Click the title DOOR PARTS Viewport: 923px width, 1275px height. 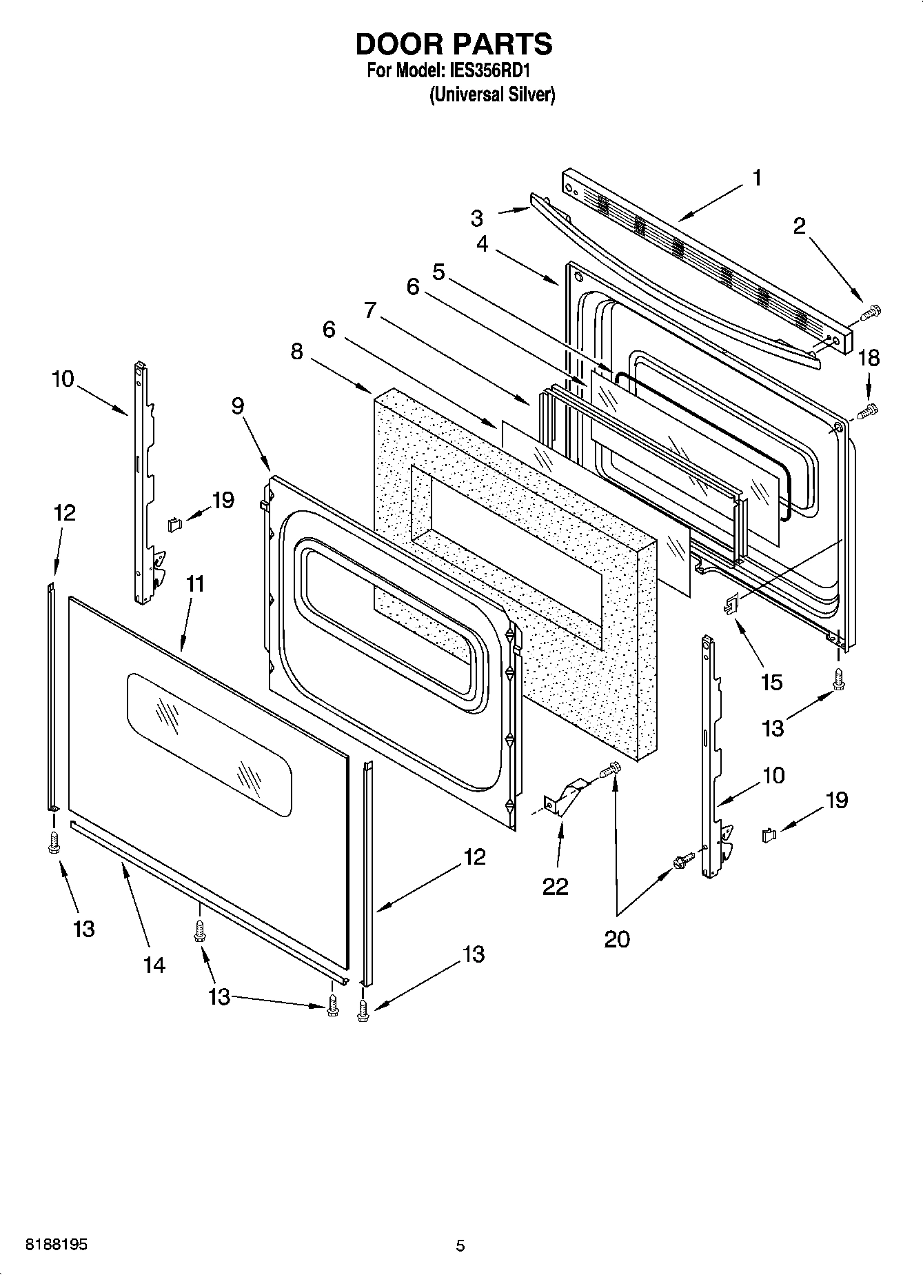[x=454, y=43]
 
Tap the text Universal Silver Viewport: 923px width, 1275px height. [x=491, y=94]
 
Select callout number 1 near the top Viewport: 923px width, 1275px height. [x=756, y=178]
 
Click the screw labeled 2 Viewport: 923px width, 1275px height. [x=871, y=313]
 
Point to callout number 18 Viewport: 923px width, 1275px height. [x=869, y=358]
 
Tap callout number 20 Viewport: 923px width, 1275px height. [x=617, y=938]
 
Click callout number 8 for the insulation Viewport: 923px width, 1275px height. [x=296, y=352]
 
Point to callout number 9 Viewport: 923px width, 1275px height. [x=237, y=406]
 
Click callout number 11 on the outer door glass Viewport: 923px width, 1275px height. [x=195, y=584]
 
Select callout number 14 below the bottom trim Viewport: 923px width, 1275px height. [x=154, y=965]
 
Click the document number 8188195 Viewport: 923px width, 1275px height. [x=57, y=1246]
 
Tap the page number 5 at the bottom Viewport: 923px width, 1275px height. [x=460, y=1246]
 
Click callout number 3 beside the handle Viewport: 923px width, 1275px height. [x=477, y=218]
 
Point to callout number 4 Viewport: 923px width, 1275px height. [x=482, y=244]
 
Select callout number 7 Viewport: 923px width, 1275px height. [x=370, y=311]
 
